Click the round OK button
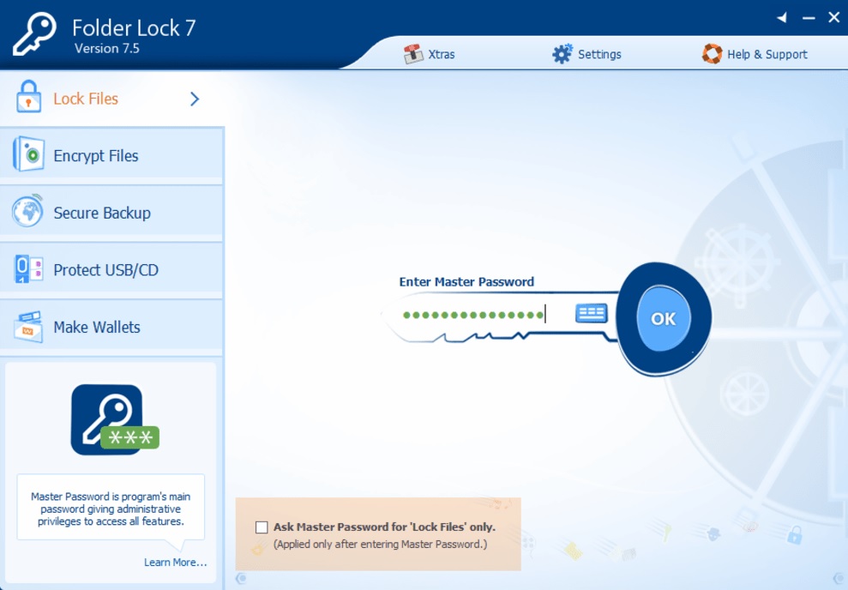(x=663, y=318)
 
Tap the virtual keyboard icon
(x=591, y=313)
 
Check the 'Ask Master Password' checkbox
(x=262, y=527)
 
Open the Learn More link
(x=175, y=563)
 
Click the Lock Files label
(x=86, y=99)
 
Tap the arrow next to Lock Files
(x=195, y=99)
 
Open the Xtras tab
(x=429, y=54)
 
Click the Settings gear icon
(x=562, y=54)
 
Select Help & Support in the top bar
(x=755, y=54)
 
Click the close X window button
(x=834, y=17)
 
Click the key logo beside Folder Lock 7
(x=34, y=34)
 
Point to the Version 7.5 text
(x=107, y=49)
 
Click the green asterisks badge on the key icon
(x=129, y=437)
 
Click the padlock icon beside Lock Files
(x=28, y=96)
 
